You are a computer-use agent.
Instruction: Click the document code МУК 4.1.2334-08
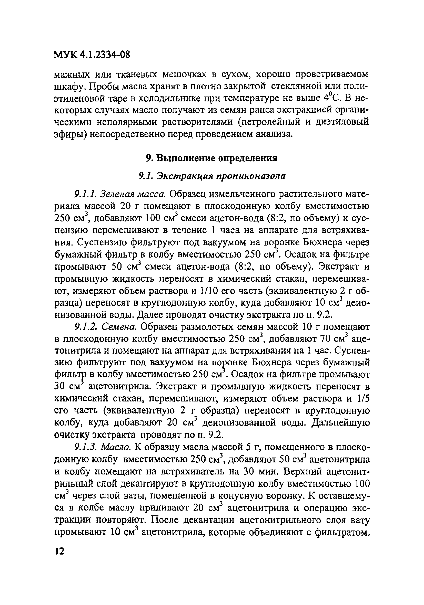pyautogui.click(x=92, y=55)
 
